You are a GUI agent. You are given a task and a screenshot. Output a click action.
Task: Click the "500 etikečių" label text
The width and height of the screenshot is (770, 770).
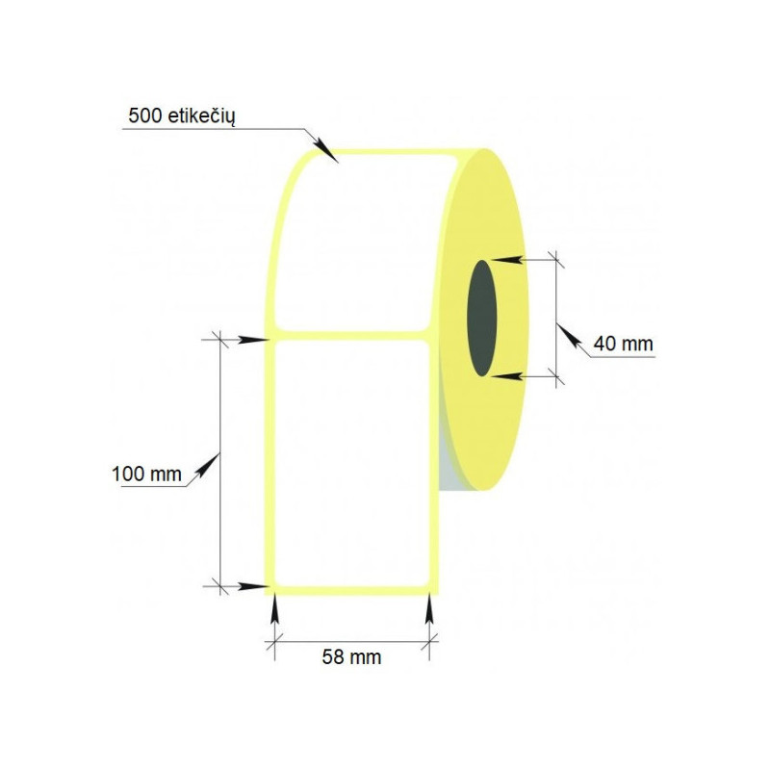(182, 116)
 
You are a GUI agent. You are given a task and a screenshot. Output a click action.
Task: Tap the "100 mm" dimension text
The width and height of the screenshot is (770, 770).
(146, 475)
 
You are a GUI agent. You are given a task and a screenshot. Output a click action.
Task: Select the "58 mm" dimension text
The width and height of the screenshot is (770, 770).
(351, 657)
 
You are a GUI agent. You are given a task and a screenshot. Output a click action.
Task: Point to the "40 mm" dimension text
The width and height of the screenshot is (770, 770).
(623, 344)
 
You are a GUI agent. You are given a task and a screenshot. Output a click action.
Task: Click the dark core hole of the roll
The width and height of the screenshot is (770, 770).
(482, 319)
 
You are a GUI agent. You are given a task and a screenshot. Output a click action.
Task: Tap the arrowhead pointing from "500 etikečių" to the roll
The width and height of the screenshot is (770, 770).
(325, 150)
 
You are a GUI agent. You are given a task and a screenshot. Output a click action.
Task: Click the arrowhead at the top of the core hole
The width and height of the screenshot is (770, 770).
(507, 259)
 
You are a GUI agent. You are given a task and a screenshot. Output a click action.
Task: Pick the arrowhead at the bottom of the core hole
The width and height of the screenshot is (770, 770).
(506, 376)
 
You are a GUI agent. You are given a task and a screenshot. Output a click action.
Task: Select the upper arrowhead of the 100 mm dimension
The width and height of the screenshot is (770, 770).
(254, 340)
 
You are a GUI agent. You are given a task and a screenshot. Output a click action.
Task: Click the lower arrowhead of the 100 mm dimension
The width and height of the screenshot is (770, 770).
(254, 586)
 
